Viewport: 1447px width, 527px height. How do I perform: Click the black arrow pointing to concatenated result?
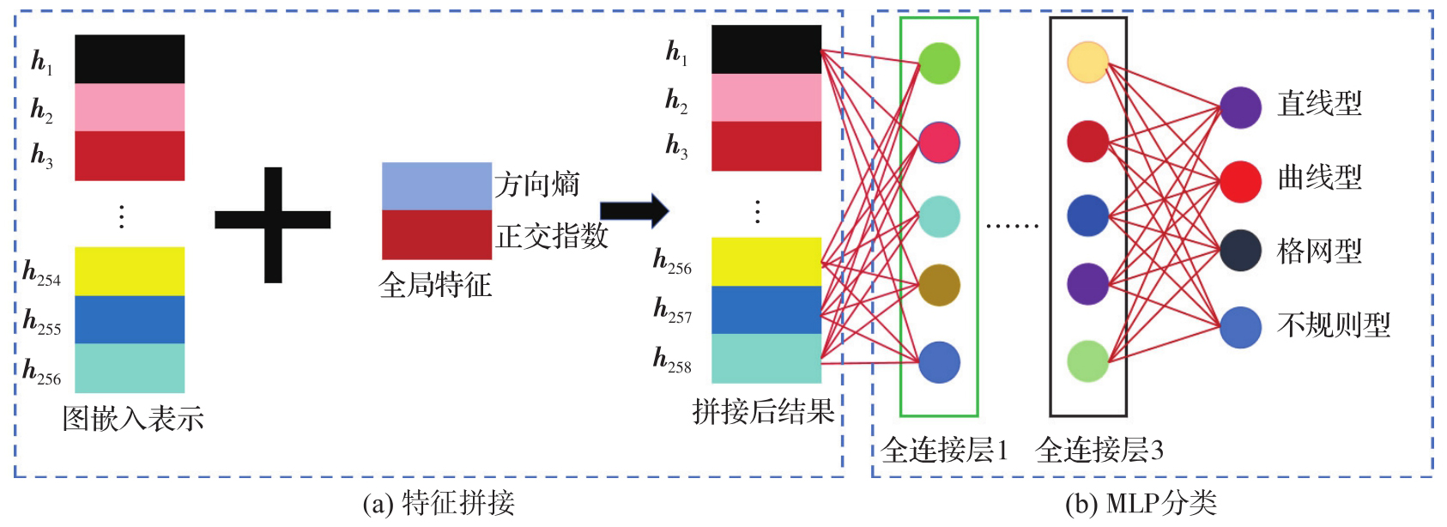coord(634,211)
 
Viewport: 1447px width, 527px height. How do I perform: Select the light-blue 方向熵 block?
coord(436,186)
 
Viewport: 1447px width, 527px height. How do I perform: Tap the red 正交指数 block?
coord(436,234)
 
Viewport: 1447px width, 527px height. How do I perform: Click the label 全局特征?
coord(435,285)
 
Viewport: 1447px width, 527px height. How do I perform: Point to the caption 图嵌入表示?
coord(133,419)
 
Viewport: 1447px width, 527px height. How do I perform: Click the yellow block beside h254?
coord(130,271)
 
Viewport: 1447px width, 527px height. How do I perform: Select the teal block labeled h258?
coord(766,358)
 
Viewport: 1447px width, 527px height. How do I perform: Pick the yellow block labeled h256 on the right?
coord(766,262)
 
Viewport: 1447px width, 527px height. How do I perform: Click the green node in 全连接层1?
coord(939,64)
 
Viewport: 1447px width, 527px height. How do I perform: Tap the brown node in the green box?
coord(939,286)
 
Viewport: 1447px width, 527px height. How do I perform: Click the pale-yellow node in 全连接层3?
coord(1087,62)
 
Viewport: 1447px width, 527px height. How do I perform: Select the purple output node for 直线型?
coord(1240,107)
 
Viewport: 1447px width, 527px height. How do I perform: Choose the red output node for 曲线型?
coord(1240,181)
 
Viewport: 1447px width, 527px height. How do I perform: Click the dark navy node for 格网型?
coord(1240,251)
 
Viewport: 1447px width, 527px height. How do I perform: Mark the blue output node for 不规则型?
coord(1240,327)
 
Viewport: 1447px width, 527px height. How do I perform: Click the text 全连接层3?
coord(1099,450)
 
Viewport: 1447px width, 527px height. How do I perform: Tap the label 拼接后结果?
coord(763,413)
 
